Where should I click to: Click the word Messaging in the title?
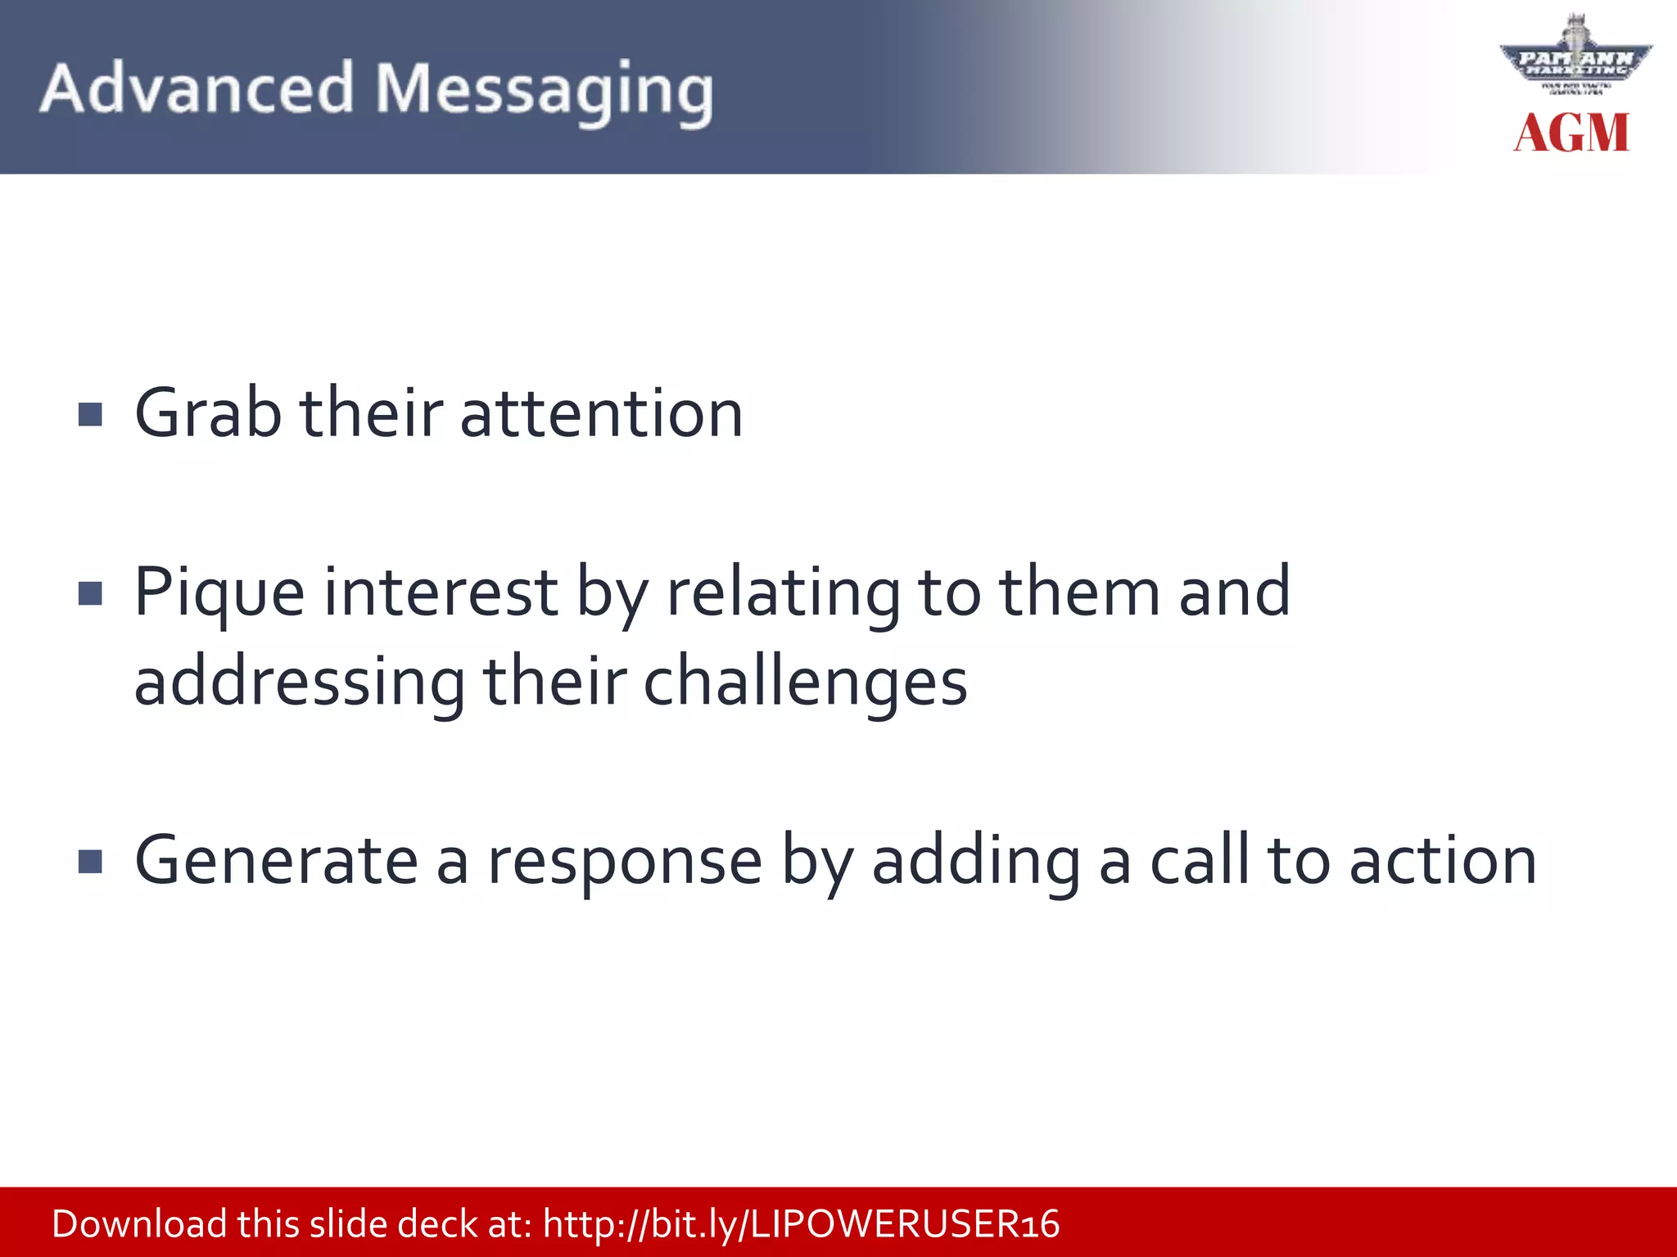(544, 92)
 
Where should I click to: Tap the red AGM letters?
(1571, 133)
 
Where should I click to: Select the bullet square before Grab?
(90, 415)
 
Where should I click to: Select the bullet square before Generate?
(90, 862)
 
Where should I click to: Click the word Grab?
(207, 413)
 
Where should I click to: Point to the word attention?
(601, 413)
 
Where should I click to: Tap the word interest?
(441, 592)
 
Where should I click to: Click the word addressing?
(300, 684)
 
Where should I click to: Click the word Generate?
(276, 862)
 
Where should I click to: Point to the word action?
(1443, 862)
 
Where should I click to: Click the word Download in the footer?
(139, 1224)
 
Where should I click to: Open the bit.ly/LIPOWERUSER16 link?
(801, 1225)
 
